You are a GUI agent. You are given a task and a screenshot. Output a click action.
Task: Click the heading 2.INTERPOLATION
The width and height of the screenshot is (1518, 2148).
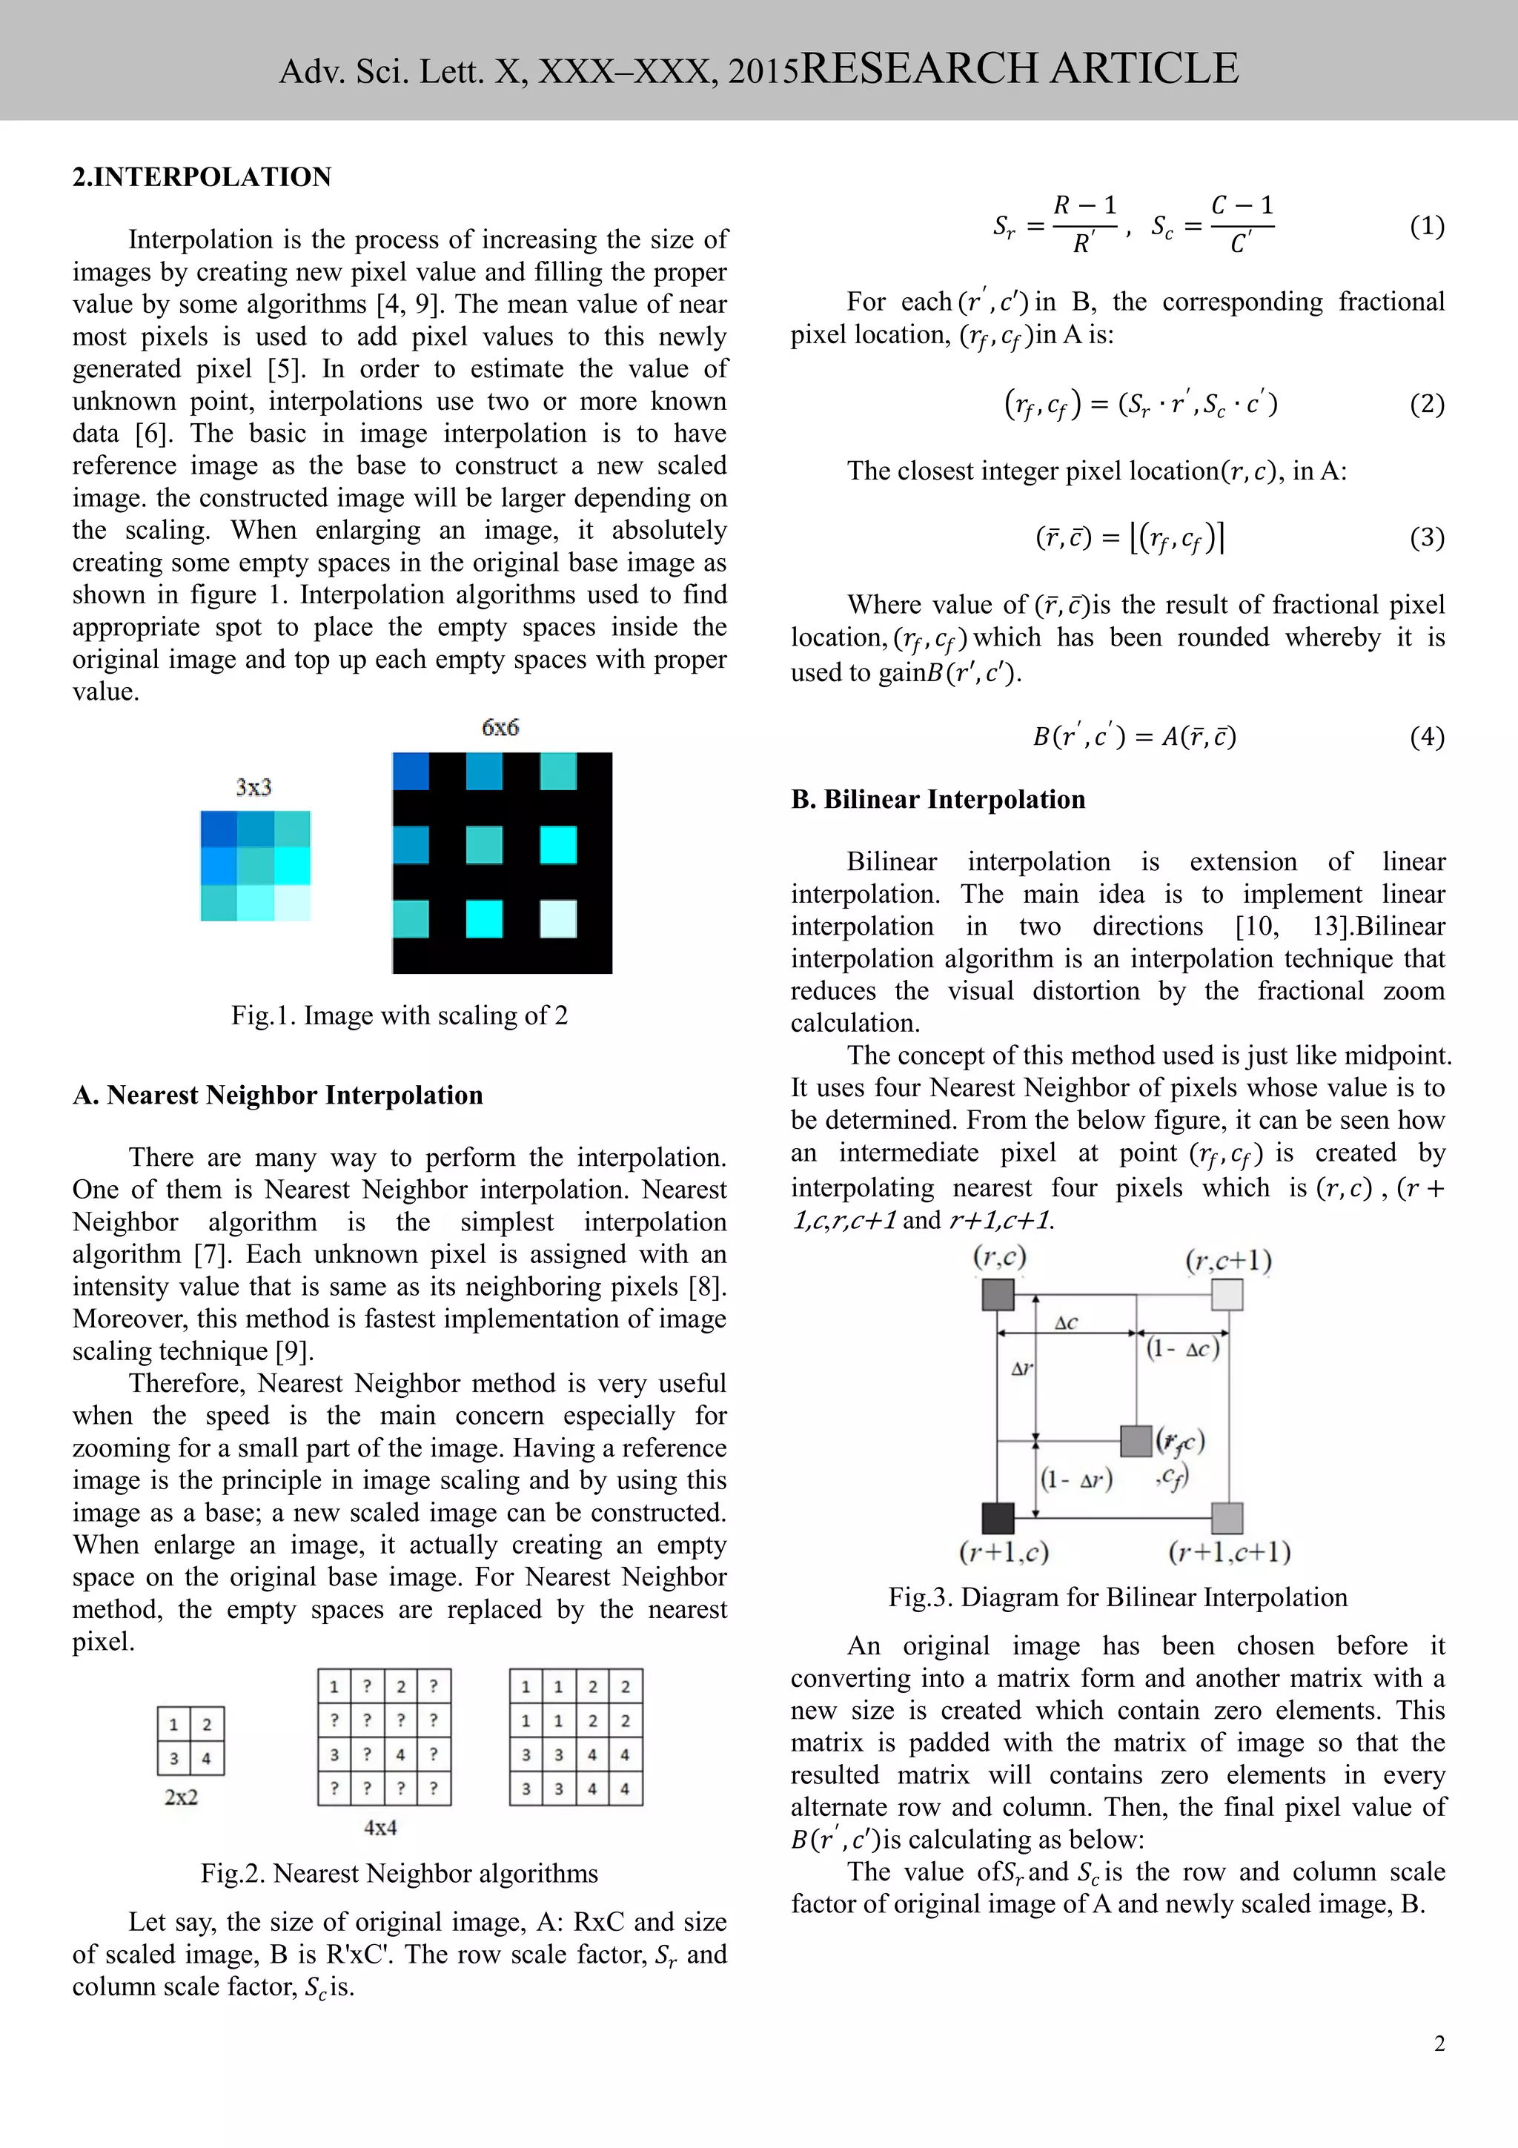(x=202, y=177)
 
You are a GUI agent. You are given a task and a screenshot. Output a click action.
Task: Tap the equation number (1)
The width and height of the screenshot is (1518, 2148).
(x=1426, y=225)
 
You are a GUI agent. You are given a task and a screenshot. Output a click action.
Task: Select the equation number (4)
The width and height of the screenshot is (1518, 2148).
(x=1426, y=736)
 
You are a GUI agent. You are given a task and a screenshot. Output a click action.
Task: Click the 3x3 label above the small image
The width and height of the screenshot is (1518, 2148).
(x=253, y=787)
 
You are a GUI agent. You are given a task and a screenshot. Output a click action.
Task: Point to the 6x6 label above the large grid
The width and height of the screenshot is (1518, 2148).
(x=500, y=727)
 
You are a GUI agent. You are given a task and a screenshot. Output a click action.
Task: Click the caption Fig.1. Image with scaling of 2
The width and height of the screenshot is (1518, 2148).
(x=400, y=1015)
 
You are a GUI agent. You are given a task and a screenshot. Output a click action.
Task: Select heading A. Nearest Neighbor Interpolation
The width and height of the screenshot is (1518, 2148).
(x=278, y=1095)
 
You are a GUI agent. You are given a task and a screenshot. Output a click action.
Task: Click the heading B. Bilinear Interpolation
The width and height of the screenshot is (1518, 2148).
(x=938, y=799)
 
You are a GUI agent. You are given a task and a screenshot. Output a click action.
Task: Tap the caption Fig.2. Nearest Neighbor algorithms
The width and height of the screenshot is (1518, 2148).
(x=400, y=1873)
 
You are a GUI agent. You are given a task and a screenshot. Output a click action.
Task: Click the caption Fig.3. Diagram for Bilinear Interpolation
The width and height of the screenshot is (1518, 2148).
(x=1118, y=1597)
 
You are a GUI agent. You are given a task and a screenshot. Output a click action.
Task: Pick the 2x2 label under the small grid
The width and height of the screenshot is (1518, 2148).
(x=182, y=1796)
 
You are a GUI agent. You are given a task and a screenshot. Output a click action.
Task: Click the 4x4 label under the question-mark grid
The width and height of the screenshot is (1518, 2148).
(x=381, y=1827)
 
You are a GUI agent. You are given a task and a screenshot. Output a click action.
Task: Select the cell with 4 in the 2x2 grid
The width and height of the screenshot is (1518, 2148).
(x=207, y=1758)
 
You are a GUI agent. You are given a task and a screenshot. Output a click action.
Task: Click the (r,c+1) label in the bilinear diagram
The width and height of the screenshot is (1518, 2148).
(x=1228, y=1261)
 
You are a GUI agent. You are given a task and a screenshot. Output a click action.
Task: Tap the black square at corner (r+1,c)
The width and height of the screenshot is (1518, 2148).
(x=998, y=1516)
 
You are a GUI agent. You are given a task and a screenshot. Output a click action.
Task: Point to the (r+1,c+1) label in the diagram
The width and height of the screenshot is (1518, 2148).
(x=1229, y=1552)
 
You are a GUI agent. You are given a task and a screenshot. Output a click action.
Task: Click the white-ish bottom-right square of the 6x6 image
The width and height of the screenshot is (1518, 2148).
(x=558, y=918)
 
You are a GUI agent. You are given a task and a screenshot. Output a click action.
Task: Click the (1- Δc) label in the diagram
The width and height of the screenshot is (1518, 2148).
(x=1183, y=1348)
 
